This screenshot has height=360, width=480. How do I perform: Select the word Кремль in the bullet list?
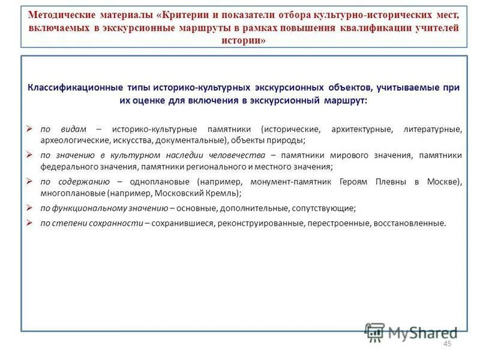tap(223, 193)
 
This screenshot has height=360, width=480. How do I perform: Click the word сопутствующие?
tap(324, 208)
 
